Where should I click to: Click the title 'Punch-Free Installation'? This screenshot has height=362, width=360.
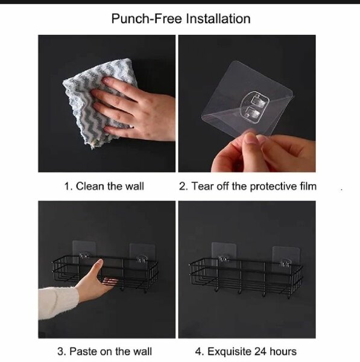click(180, 18)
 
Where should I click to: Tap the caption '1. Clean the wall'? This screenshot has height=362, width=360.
click(104, 186)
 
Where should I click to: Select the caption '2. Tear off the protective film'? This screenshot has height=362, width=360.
click(247, 186)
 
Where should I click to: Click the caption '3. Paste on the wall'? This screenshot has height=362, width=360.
click(104, 351)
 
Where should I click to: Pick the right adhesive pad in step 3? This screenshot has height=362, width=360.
click(142, 253)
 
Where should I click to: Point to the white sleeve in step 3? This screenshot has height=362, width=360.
click(57, 305)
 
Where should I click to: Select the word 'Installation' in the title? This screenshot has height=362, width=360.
click(218, 18)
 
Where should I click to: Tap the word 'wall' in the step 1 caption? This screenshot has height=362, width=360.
click(134, 186)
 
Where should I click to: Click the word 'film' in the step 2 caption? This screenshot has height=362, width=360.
click(306, 186)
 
